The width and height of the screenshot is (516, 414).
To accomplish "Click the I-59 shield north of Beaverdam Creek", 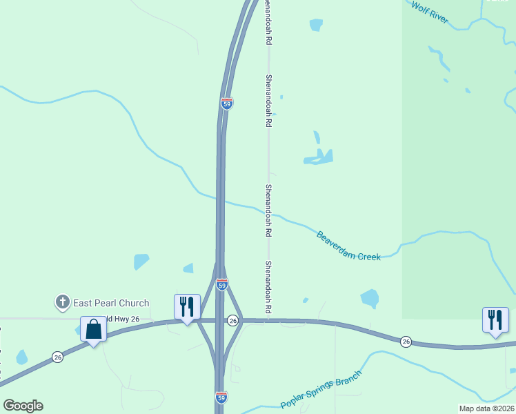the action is pos(227,103).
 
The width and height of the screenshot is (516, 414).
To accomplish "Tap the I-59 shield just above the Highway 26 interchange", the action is pos(221,284).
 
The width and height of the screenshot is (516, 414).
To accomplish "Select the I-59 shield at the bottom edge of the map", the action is pos(221,397).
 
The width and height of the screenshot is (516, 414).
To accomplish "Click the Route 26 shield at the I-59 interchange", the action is pos(233,320).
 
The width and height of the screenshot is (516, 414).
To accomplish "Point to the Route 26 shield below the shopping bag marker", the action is pos(57,357).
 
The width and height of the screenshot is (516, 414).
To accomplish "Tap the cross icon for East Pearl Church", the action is pos(62,302).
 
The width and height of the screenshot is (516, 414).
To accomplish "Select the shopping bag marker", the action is pos(94,329).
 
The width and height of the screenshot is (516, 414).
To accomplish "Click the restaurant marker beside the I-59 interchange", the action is pos(186,306).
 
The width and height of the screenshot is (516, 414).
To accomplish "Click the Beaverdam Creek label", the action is pos(348,246).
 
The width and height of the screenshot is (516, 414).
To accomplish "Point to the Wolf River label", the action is pos(430,13).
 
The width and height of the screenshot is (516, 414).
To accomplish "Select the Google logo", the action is pos(23,406).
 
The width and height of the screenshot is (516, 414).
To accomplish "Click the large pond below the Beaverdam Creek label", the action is pos(370,298).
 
